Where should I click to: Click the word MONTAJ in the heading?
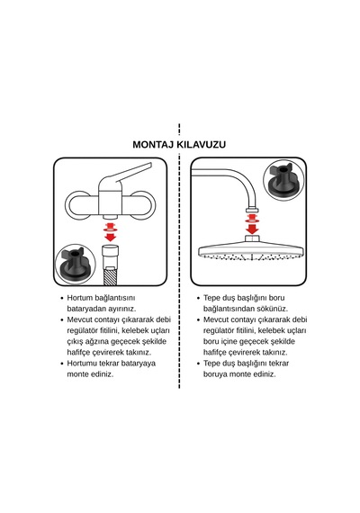(x=153, y=145)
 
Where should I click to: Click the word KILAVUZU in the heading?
(x=202, y=145)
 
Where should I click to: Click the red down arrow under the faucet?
(x=111, y=231)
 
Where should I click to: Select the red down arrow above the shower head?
(x=252, y=223)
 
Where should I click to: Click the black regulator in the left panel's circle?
(x=76, y=264)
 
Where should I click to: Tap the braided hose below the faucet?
(x=111, y=276)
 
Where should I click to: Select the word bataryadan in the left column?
(x=86, y=309)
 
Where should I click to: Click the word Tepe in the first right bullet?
(x=211, y=298)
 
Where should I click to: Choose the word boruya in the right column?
(x=215, y=374)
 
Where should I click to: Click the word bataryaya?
(x=139, y=364)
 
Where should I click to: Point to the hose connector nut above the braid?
(x=111, y=256)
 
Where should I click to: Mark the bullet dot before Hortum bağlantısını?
(x=62, y=299)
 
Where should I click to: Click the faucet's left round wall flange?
(x=79, y=205)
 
